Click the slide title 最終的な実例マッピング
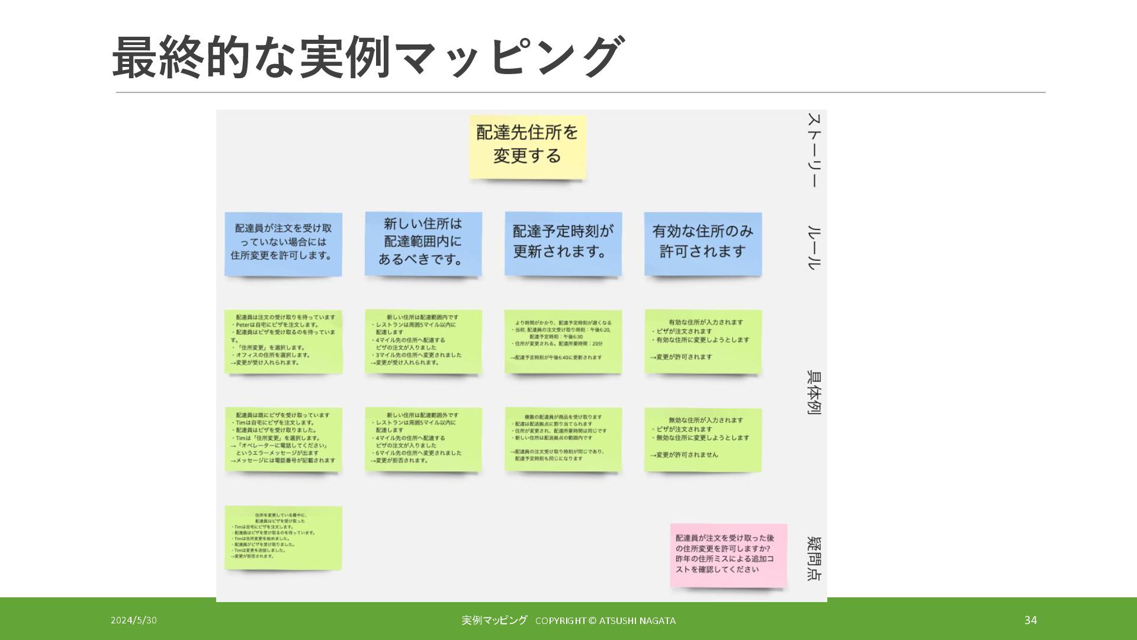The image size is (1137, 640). click(367, 57)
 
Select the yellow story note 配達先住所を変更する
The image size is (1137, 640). click(527, 146)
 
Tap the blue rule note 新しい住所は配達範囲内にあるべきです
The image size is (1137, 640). click(423, 243)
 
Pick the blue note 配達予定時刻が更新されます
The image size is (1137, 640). click(563, 243)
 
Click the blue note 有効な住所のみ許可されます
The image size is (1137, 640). click(703, 243)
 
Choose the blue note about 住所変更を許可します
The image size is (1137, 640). click(283, 243)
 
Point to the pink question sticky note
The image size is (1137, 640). click(728, 555)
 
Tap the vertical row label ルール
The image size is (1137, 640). click(814, 248)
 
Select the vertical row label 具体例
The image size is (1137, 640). click(814, 392)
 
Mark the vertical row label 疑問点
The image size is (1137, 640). click(814, 558)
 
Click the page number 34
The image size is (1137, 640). click(1030, 620)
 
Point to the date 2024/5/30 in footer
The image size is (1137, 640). click(134, 620)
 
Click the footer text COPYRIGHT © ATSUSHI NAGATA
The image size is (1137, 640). click(605, 620)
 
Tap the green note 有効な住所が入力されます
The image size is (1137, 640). click(703, 341)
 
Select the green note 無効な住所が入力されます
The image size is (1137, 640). click(703, 439)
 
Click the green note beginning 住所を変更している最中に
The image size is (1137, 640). click(283, 537)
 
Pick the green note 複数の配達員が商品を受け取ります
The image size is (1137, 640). click(563, 439)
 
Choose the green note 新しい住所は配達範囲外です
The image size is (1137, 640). click(423, 439)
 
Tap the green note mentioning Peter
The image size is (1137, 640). click(283, 341)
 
